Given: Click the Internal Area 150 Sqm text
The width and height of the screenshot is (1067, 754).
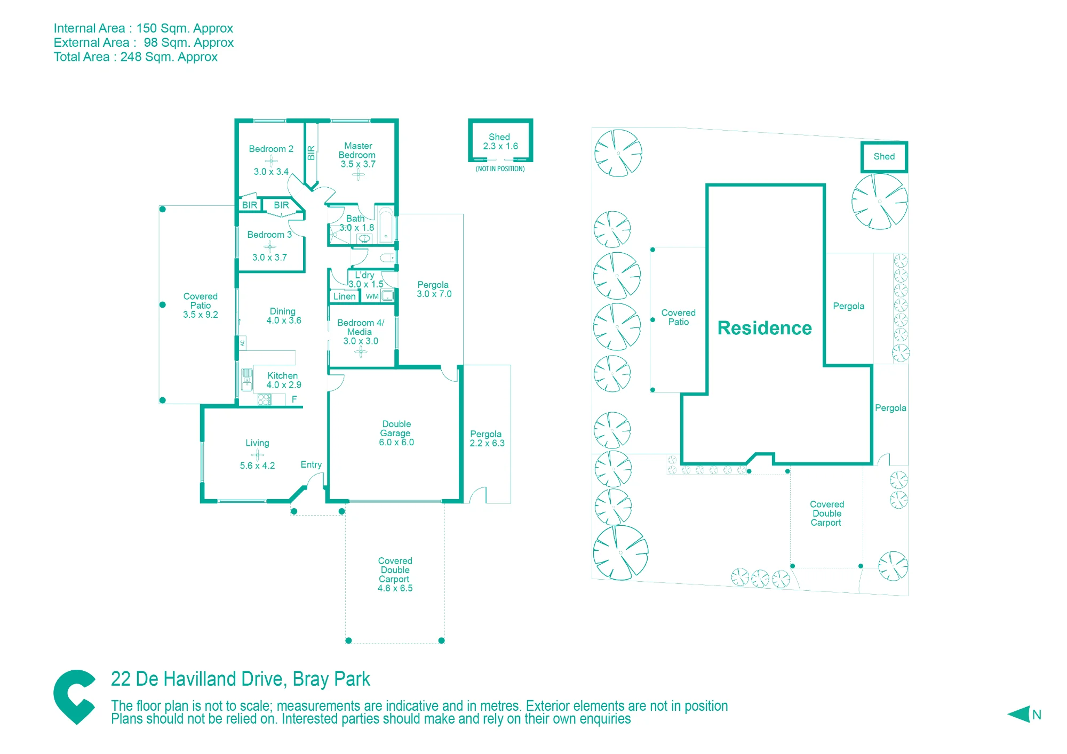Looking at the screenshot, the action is [144, 28].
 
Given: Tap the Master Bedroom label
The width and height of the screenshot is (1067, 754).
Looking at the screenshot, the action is [357, 150].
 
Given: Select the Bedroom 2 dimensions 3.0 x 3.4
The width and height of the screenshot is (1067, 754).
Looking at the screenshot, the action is [271, 172].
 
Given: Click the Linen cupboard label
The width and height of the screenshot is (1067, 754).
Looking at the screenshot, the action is [345, 296].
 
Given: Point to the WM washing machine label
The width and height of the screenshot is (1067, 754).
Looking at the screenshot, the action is [372, 296].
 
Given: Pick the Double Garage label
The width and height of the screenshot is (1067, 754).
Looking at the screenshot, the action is [396, 429].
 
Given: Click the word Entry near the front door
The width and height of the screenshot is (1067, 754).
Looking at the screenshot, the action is [311, 465].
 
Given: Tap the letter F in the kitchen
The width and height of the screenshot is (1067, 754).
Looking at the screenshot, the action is [294, 399].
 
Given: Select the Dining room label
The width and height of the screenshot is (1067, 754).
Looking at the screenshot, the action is [283, 311].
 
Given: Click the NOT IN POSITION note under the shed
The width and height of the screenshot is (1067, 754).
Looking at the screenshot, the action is [500, 169].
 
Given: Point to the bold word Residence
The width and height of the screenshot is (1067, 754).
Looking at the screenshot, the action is [765, 328].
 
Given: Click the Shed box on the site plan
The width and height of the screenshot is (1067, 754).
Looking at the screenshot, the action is [885, 157].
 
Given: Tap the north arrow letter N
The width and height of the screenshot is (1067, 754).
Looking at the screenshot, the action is [1037, 715].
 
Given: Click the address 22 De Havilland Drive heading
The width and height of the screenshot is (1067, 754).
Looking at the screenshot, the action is [240, 679].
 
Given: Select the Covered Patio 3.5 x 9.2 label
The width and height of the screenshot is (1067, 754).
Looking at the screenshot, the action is [201, 306].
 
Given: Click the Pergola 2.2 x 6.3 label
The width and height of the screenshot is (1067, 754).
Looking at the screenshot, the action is [487, 439].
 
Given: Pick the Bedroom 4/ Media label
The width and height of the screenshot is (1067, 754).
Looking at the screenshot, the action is [361, 327].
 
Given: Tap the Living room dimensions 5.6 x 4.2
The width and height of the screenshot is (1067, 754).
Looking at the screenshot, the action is [257, 466].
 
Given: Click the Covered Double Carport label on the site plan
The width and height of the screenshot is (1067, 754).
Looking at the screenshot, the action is [826, 514].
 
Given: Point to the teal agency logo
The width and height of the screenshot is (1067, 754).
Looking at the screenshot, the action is [75, 696].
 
